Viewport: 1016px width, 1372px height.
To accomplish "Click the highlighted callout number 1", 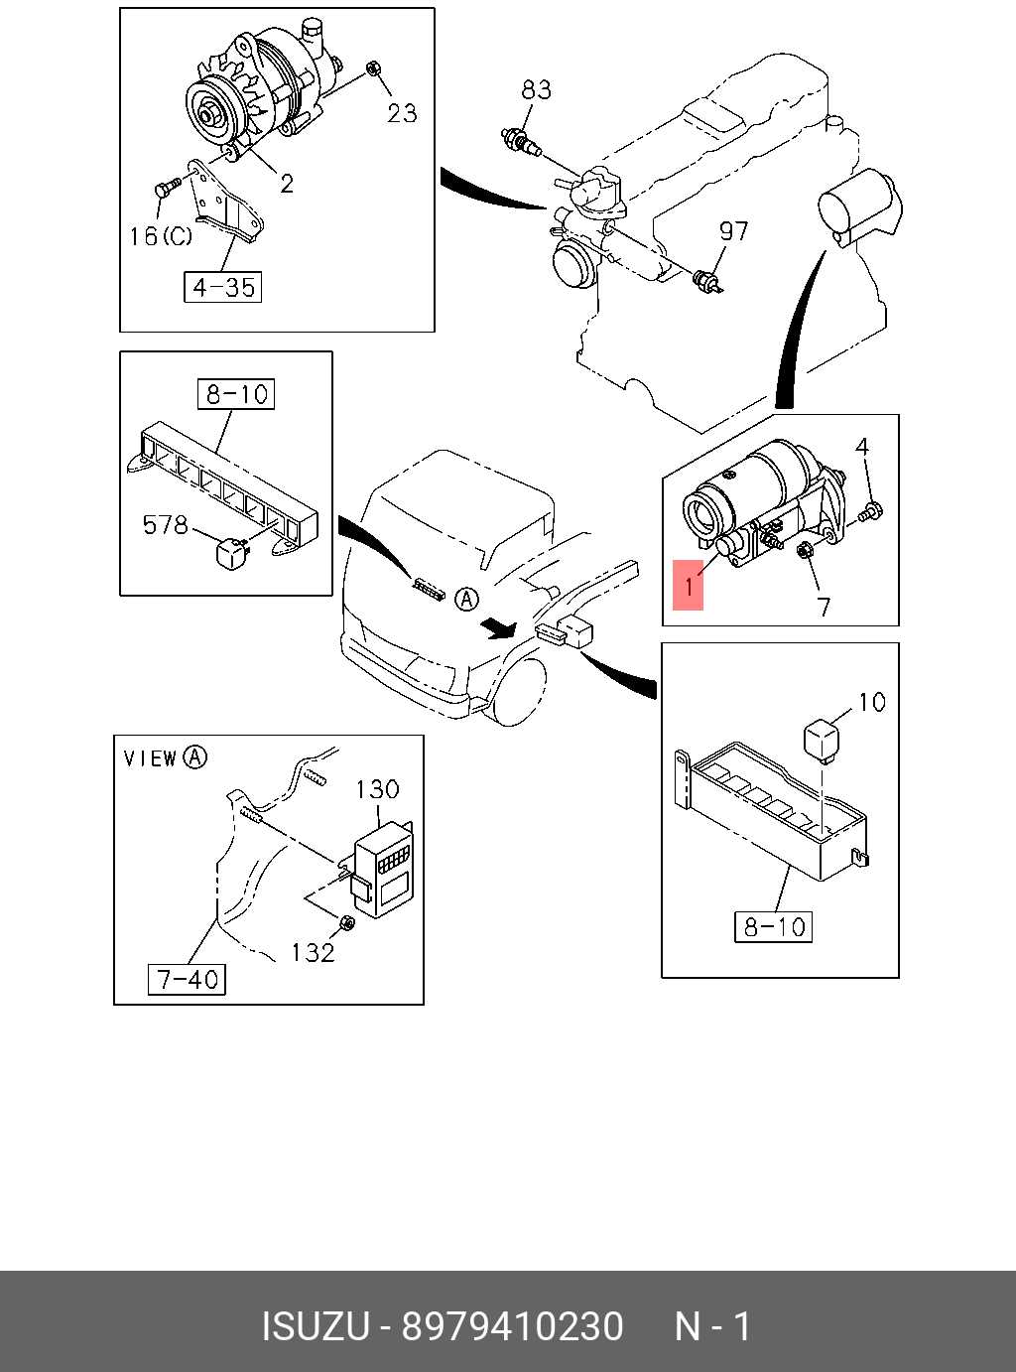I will point(688,586).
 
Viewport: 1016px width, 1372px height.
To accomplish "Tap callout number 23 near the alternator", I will point(402,113).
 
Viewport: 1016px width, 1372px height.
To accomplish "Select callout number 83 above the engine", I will point(536,90).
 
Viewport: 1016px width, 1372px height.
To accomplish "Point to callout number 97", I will point(733,231).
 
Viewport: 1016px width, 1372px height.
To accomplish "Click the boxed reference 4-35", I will point(223,288).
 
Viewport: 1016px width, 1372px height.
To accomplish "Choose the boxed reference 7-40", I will point(188,980).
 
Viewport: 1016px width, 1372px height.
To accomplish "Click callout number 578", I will point(165,524).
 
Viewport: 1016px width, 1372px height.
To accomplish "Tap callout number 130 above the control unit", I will point(377,789).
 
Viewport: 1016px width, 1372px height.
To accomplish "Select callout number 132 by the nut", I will point(313,953).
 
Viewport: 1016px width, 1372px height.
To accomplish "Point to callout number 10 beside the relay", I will point(871,703).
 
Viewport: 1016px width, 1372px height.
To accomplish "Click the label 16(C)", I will point(161,236).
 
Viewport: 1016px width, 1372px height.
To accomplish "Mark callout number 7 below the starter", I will point(824,607).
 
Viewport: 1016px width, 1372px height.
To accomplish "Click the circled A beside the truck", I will point(466,599).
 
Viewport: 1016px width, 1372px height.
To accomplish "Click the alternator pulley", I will point(211,112).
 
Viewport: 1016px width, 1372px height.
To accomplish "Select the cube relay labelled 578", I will point(232,553).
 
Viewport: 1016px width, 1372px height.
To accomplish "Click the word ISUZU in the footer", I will point(315,1327).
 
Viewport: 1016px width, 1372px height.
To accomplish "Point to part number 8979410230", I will point(512,1327).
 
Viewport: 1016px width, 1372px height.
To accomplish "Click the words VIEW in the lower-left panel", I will point(150,758).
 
